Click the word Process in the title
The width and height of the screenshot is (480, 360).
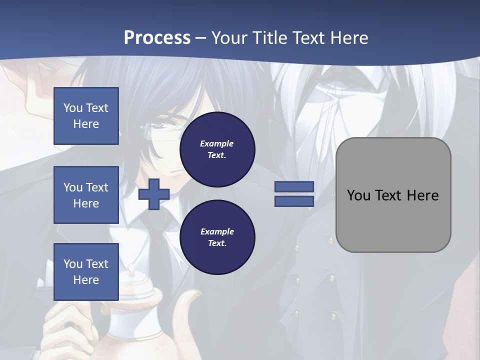pos(157,38)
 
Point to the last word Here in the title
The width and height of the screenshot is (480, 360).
pos(349,38)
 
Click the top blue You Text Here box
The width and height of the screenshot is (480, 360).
pos(86,116)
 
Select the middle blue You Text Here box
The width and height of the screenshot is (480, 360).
pos(86,195)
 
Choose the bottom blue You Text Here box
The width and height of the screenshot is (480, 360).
pos(86,272)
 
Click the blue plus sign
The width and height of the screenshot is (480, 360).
pos(154,194)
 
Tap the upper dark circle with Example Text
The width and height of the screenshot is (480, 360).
pos(217,149)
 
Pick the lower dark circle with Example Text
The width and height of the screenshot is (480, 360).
pos(217,237)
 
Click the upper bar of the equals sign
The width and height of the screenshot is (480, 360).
pos(294,186)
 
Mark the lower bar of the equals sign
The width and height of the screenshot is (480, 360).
pos(294,201)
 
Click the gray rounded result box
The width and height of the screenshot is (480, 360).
pos(393,195)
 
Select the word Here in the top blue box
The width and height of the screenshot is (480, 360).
pos(86,124)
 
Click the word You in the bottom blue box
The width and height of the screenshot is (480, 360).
pos(73,264)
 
